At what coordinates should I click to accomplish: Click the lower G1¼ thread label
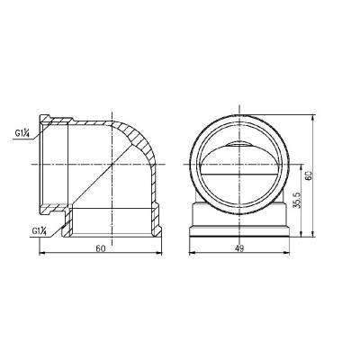tap(40, 231)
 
